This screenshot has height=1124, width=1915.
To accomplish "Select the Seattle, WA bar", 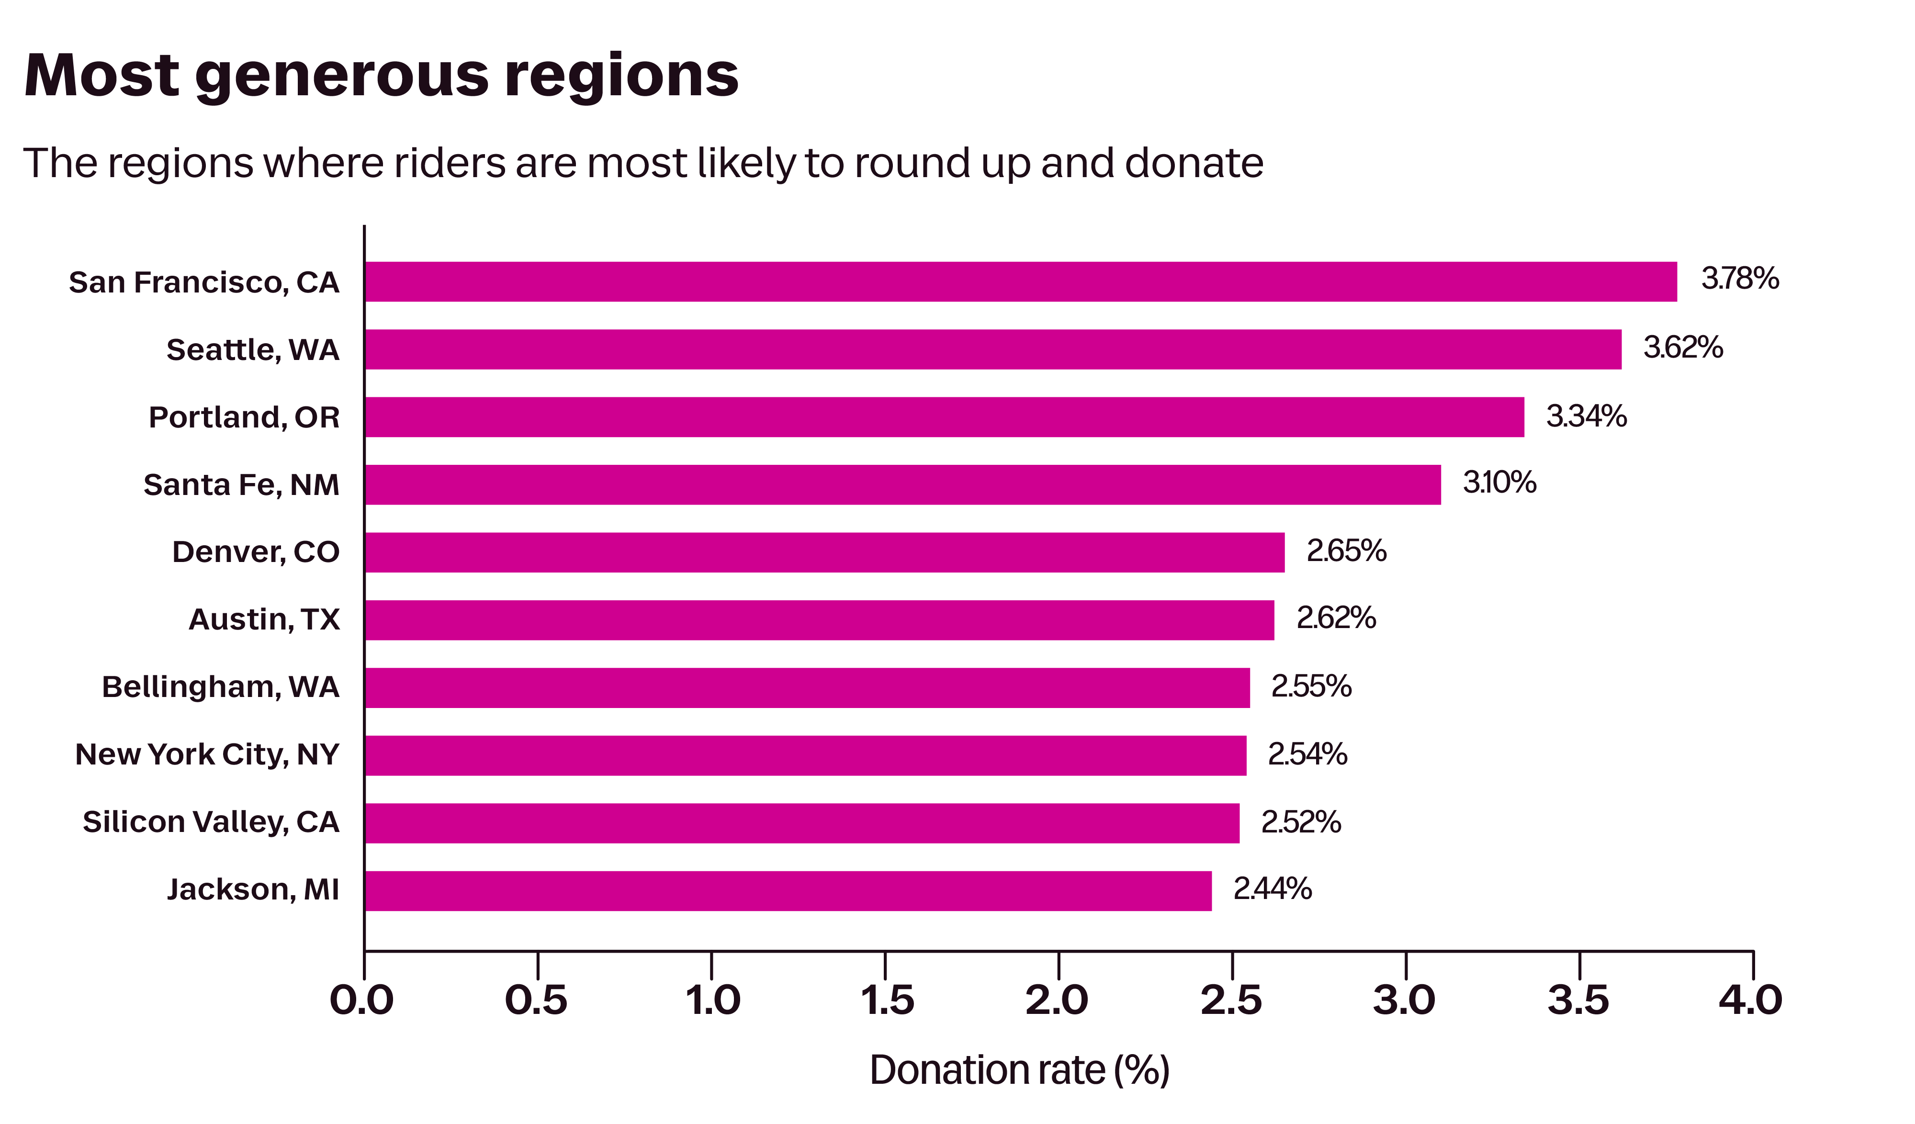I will (992, 349).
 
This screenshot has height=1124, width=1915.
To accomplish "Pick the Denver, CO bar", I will (824, 552).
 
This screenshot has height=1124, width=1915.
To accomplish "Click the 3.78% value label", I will (1739, 279).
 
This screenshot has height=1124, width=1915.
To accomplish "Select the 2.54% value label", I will (1307, 754).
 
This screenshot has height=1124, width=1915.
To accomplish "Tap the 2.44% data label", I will (1272, 888).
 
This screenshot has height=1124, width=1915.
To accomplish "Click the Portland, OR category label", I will (244, 417).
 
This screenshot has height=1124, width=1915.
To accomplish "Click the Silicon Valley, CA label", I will (211, 822).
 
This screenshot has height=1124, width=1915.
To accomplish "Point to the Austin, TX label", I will (264, 619).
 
